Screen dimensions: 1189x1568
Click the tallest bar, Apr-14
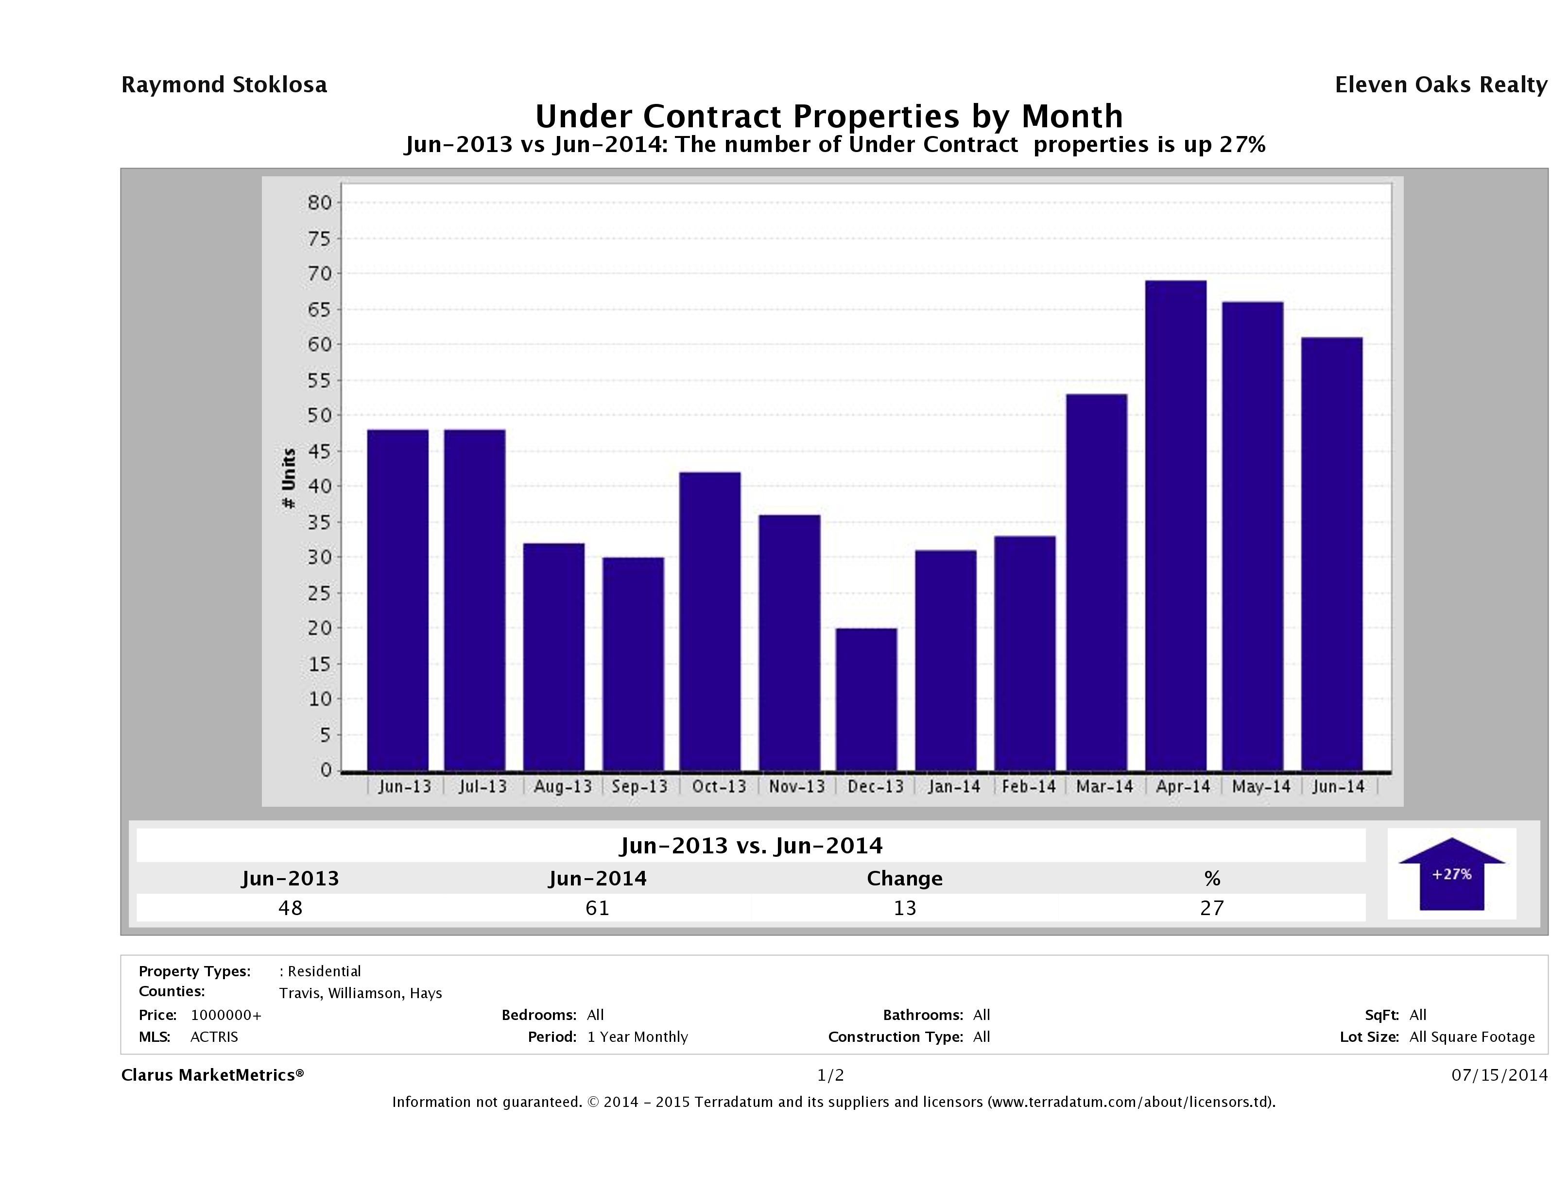[x=1175, y=525]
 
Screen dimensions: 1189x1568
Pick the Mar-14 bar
[x=1097, y=582]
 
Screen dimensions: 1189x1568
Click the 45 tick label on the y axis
[x=320, y=451]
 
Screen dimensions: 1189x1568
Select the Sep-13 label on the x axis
[x=639, y=786]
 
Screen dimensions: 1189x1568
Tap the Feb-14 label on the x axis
[x=1029, y=786]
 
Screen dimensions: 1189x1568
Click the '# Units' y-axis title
[x=289, y=478]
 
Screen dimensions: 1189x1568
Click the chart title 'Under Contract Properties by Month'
[x=828, y=116]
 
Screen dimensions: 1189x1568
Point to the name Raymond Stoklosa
[x=224, y=85]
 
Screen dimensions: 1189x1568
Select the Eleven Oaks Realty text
[x=1440, y=85]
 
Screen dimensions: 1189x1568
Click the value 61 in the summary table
[x=598, y=908]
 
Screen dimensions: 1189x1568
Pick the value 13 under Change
[x=905, y=908]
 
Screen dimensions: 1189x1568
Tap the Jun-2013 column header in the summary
[x=290, y=879]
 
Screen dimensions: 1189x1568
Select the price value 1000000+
[x=226, y=1015]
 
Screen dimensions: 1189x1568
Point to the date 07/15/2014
[x=1499, y=1075]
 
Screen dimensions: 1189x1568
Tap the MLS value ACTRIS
[x=214, y=1036]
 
